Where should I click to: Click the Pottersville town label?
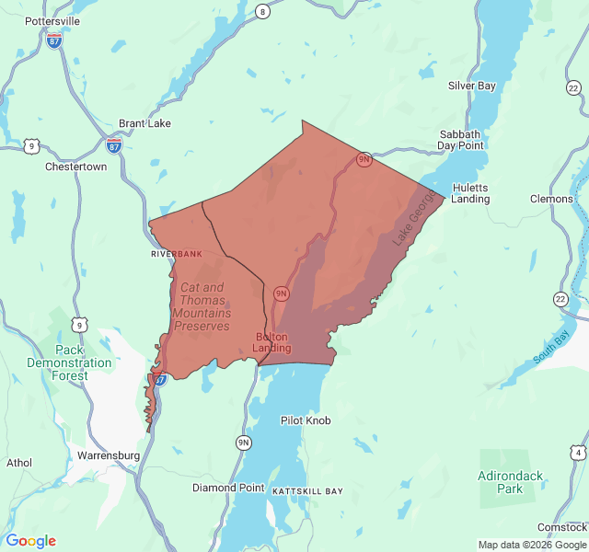(x=52, y=20)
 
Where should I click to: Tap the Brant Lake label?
(x=145, y=123)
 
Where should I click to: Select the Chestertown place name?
(x=75, y=167)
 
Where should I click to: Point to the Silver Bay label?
(x=471, y=86)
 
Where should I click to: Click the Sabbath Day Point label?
(x=460, y=139)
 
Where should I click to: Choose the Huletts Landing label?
(x=470, y=192)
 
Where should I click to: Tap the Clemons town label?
(x=551, y=199)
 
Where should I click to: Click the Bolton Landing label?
(x=272, y=342)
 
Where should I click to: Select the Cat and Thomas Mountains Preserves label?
(x=201, y=306)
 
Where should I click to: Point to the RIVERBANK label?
(x=176, y=253)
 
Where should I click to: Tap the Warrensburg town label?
(x=109, y=455)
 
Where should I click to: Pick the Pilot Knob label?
(x=305, y=420)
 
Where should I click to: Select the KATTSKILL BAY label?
(x=307, y=491)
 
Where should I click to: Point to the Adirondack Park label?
(x=512, y=482)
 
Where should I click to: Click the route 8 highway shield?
(x=263, y=11)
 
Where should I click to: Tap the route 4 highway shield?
(x=577, y=452)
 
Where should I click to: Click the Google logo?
(x=30, y=541)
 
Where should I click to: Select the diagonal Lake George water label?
(x=411, y=224)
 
